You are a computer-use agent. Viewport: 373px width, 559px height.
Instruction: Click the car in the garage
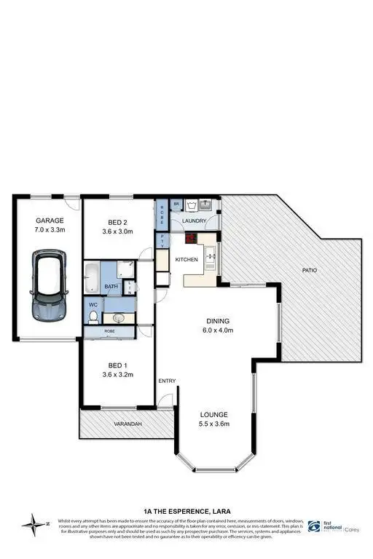tap(49, 286)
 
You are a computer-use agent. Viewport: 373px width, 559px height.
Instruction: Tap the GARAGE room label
tap(50, 221)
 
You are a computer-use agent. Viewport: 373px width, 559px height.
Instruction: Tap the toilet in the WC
tap(94, 317)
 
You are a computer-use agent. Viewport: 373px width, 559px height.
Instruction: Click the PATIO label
tap(310, 271)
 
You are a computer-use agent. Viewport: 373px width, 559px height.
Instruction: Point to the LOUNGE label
tap(216, 414)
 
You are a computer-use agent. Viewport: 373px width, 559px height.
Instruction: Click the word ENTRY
tap(168, 381)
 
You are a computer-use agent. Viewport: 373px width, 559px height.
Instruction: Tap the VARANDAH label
tap(126, 424)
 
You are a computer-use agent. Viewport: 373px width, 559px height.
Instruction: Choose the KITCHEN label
tap(186, 259)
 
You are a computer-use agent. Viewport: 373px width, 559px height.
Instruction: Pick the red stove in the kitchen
tap(190, 237)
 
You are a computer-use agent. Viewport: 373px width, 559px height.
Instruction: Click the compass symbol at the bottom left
tap(33, 522)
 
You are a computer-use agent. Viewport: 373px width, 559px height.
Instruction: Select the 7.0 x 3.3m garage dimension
tap(50, 230)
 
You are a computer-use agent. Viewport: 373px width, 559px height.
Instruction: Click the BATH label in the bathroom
tap(111, 287)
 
